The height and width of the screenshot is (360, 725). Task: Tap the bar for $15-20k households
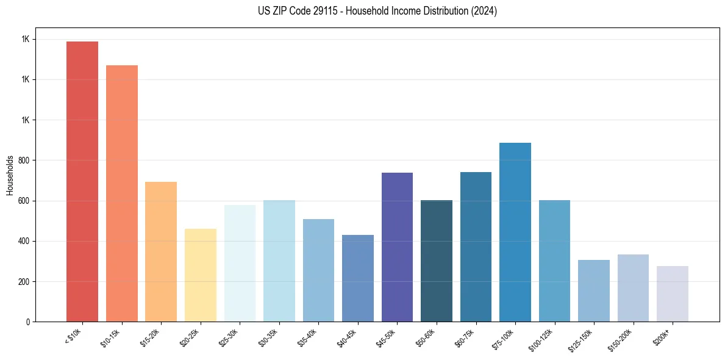[x=161, y=251]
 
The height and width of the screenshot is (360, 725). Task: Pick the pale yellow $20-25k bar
[x=201, y=275]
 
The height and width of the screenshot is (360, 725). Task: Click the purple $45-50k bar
[x=397, y=247]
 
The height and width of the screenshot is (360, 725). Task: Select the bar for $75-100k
[x=515, y=232]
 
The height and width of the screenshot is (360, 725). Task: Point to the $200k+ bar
[x=673, y=293]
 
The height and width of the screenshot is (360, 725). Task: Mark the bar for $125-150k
[x=594, y=290]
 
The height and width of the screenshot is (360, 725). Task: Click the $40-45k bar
[x=358, y=278]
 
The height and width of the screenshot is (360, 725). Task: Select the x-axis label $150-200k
[x=621, y=340]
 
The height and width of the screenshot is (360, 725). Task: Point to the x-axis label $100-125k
[x=542, y=340]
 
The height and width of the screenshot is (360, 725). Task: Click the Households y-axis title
[x=10, y=175]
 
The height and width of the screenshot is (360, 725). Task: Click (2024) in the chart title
[x=484, y=11]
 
